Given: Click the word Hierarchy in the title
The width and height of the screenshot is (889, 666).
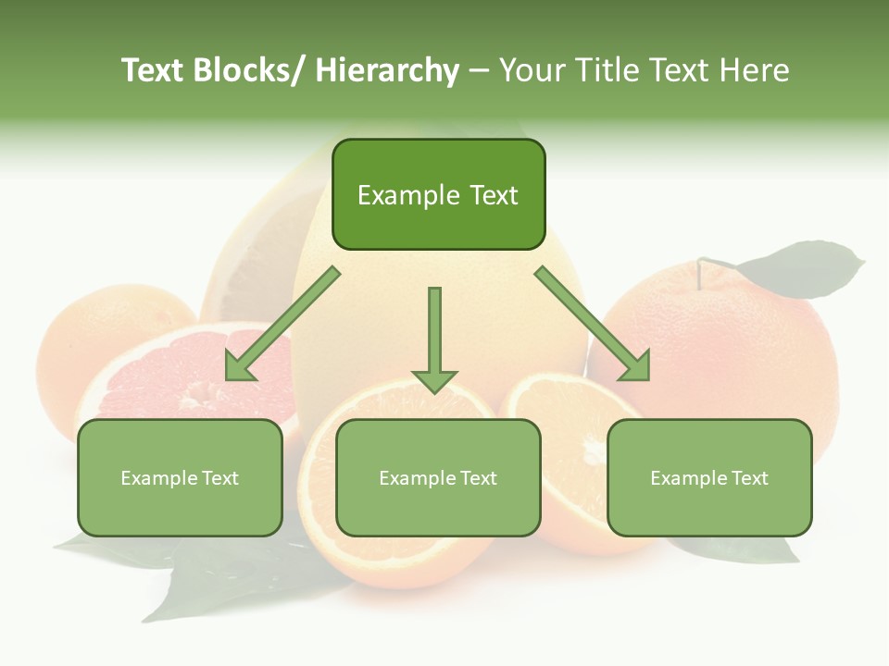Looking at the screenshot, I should (x=386, y=70).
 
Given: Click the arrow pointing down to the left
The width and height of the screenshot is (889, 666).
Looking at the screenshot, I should (x=282, y=324).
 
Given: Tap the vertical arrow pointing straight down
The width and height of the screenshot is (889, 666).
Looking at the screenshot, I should (x=434, y=333).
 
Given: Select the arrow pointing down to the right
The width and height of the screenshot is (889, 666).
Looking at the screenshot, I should (x=593, y=324).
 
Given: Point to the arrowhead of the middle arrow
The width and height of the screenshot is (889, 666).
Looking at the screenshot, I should (x=434, y=380).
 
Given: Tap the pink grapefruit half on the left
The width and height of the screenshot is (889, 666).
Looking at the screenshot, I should (x=167, y=379).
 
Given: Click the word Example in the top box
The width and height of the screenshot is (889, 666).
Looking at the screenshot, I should (x=408, y=195).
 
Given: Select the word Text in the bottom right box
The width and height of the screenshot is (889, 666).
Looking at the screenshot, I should (x=747, y=478).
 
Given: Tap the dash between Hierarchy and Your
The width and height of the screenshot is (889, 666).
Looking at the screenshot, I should (x=478, y=70).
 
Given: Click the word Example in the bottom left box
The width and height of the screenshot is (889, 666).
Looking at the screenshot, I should (x=158, y=478).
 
